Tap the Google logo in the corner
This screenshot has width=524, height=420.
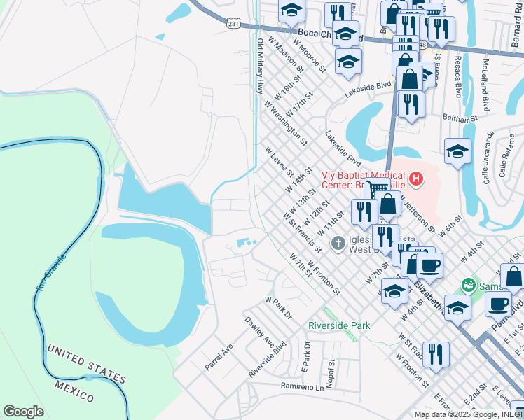point(23,412)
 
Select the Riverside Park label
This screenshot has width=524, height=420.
point(339,325)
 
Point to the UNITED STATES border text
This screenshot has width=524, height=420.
point(86,363)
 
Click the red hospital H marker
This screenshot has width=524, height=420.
point(416,180)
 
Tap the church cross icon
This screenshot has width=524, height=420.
point(338,244)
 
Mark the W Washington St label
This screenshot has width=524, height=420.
point(285,122)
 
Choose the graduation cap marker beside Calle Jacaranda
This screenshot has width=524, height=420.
point(457,151)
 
